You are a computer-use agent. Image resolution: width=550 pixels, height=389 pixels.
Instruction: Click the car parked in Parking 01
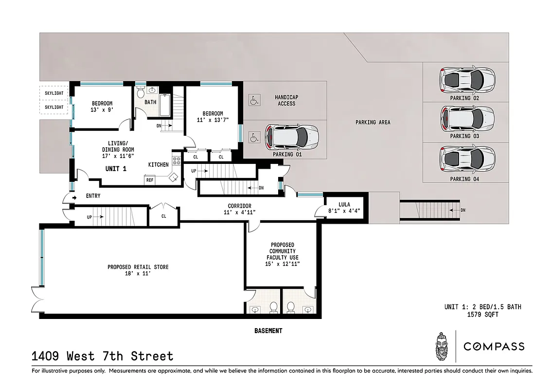tap(291, 138)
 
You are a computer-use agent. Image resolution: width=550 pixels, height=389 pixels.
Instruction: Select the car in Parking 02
tap(467, 80)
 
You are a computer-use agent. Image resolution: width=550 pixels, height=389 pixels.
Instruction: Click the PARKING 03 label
tap(464, 136)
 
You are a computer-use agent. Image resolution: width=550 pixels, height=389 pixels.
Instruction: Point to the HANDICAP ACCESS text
tap(286, 100)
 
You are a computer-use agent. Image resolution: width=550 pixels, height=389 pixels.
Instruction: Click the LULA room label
tap(344, 204)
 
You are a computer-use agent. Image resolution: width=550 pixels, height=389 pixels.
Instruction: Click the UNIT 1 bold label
tap(116, 169)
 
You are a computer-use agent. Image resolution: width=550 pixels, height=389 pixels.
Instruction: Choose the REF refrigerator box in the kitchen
tap(150, 180)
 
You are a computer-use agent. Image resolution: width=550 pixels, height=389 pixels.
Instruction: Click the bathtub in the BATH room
tap(163, 105)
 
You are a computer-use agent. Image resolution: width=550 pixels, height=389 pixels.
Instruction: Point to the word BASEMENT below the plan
tap(268, 331)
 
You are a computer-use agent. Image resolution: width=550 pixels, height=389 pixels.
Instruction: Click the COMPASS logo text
tap(494, 347)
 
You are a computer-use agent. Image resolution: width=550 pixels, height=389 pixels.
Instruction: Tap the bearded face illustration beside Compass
tap(441, 346)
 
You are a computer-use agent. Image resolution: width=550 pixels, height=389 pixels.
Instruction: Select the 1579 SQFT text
tap(482, 315)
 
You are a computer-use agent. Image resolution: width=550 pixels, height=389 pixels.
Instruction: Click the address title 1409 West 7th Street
tap(102, 356)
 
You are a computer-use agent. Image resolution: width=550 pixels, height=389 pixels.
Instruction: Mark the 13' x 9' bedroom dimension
tap(102, 110)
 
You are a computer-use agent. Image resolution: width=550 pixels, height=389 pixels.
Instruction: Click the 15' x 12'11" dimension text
tap(283, 264)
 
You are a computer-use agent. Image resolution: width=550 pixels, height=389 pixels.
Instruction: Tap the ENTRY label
tap(93, 195)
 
